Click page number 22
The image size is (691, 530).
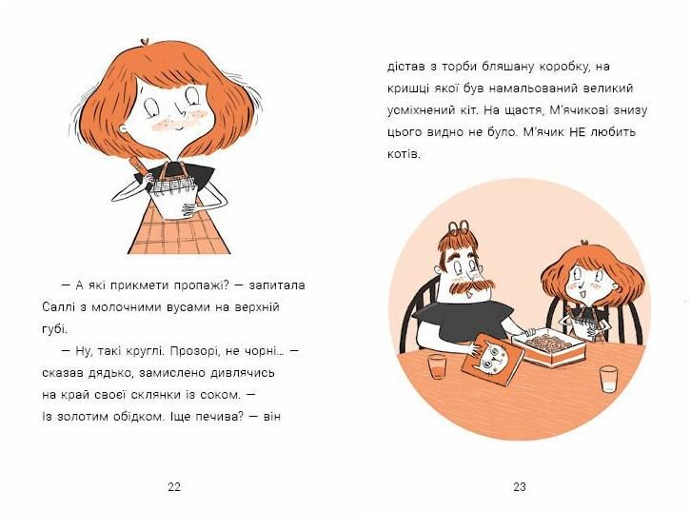pos(174,487)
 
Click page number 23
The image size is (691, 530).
pos(520,487)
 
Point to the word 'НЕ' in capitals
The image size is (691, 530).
pos(579,131)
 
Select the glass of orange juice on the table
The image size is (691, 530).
pos(437,366)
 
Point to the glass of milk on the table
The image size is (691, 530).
pos(608,379)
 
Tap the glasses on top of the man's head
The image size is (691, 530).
pos(458,226)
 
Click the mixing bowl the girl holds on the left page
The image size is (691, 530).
pos(172,200)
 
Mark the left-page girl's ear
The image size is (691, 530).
pos(125,129)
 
